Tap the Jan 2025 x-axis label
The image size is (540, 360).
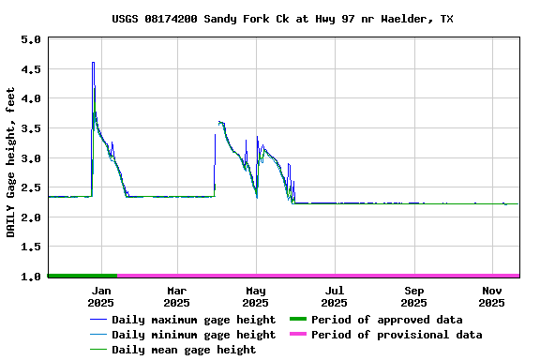pos(100,296)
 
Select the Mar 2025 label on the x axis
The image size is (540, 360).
pos(176,296)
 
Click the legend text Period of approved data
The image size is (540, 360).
pos(386,320)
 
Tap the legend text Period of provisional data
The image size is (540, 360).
pos(397,335)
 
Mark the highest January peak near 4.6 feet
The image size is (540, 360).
pos(93,63)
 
